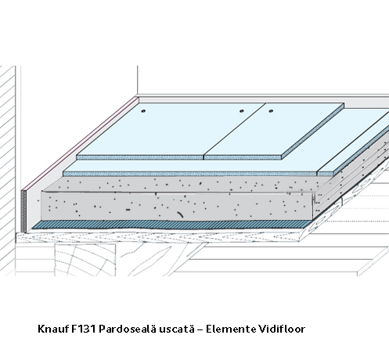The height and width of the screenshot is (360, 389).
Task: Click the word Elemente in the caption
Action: [x=231, y=329]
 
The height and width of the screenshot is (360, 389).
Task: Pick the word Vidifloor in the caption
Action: [x=282, y=329]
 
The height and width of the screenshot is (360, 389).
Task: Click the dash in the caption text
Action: [x=200, y=329]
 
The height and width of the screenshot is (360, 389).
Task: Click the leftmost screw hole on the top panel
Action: [x=143, y=111]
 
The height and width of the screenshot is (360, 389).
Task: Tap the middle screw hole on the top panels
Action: [x=242, y=111]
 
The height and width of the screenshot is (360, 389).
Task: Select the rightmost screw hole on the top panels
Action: [x=271, y=111]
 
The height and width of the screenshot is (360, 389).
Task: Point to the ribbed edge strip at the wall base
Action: [x=23, y=211]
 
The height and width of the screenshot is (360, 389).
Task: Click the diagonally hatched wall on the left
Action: [x=7, y=170]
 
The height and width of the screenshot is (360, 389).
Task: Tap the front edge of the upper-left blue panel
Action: [x=140, y=157]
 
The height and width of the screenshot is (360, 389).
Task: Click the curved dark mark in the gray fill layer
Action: [x=180, y=214]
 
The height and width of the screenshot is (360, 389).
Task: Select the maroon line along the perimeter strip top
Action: [x=80, y=142]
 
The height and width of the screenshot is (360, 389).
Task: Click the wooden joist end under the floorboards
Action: [x=85, y=259]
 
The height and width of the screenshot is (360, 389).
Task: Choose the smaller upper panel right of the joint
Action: [x=274, y=130]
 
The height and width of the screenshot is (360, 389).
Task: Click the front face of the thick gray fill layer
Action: [x=177, y=206]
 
